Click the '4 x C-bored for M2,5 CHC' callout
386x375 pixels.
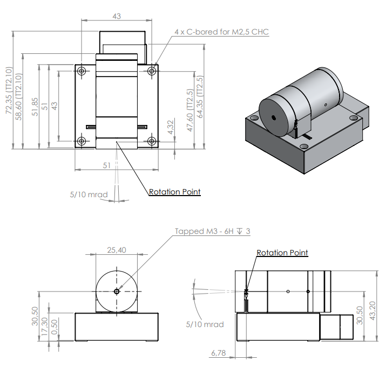coord(221,32)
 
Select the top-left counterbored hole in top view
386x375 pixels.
coord(81,71)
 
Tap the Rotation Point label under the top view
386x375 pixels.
coord(174,192)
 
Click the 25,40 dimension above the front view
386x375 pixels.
coord(117,250)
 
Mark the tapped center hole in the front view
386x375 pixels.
coord(117,291)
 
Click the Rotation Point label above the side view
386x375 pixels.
coord(282,253)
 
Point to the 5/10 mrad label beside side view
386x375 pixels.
coord(205,324)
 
